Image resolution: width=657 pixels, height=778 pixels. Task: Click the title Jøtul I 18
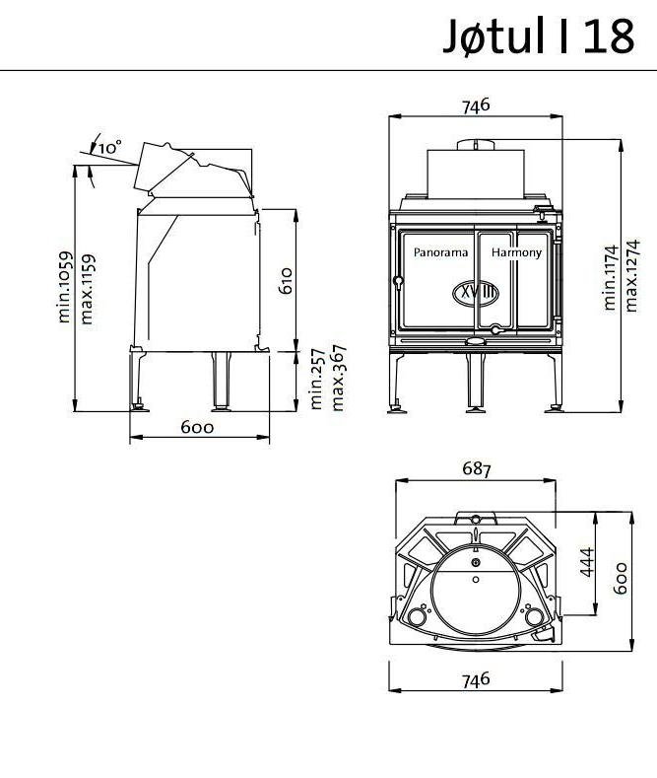click(539, 37)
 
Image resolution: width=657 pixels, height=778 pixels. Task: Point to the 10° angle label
click(110, 146)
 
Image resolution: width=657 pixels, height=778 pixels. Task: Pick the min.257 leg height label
click(317, 379)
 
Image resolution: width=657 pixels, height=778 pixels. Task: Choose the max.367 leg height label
click(339, 379)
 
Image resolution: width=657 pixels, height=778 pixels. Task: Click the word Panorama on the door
click(440, 252)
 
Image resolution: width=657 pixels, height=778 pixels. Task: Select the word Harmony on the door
click(516, 252)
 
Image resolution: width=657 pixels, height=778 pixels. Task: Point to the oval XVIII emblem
click(477, 293)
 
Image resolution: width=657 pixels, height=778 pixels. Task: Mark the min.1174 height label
click(612, 277)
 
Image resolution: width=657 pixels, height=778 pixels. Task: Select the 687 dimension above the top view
click(476, 469)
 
